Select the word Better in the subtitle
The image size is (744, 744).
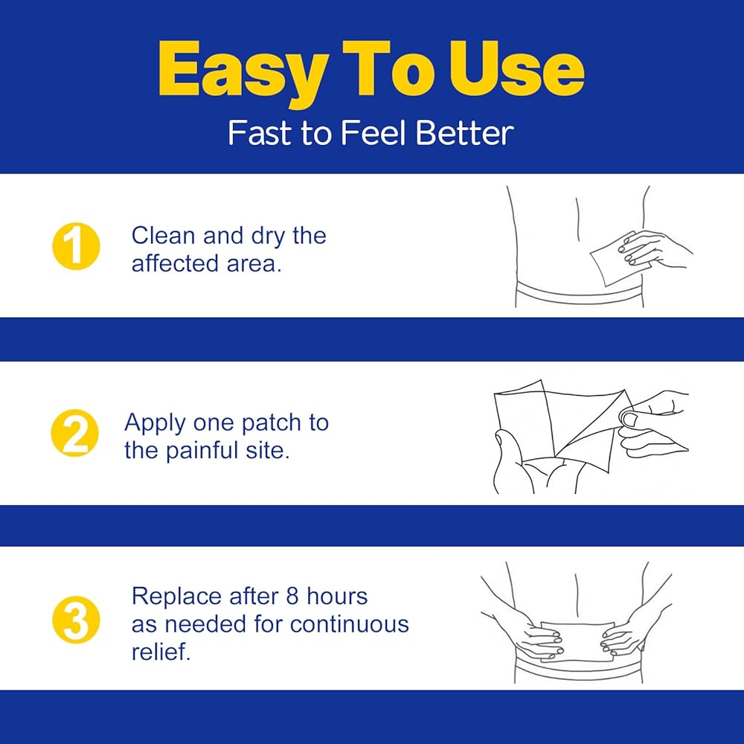pyautogui.click(x=465, y=133)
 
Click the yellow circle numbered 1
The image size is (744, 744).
pyautogui.click(x=76, y=246)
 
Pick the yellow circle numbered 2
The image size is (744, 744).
pyautogui.click(x=75, y=433)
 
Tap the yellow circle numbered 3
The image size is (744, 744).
pyautogui.click(x=76, y=620)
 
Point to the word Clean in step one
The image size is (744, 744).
pyautogui.click(x=163, y=235)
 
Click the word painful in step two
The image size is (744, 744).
pyautogui.click(x=202, y=450)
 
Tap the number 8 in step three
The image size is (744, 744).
pyautogui.click(x=292, y=597)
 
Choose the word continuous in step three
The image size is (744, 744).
pyautogui.click(x=350, y=624)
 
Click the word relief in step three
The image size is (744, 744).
pyautogui.click(x=161, y=652)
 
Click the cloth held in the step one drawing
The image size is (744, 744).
pyautogui.click(x=619, y=259)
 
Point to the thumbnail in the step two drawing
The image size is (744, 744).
pyautogui.click(x=629, y=420)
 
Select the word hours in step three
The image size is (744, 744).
pyautogui.click(x=337, y=597)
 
